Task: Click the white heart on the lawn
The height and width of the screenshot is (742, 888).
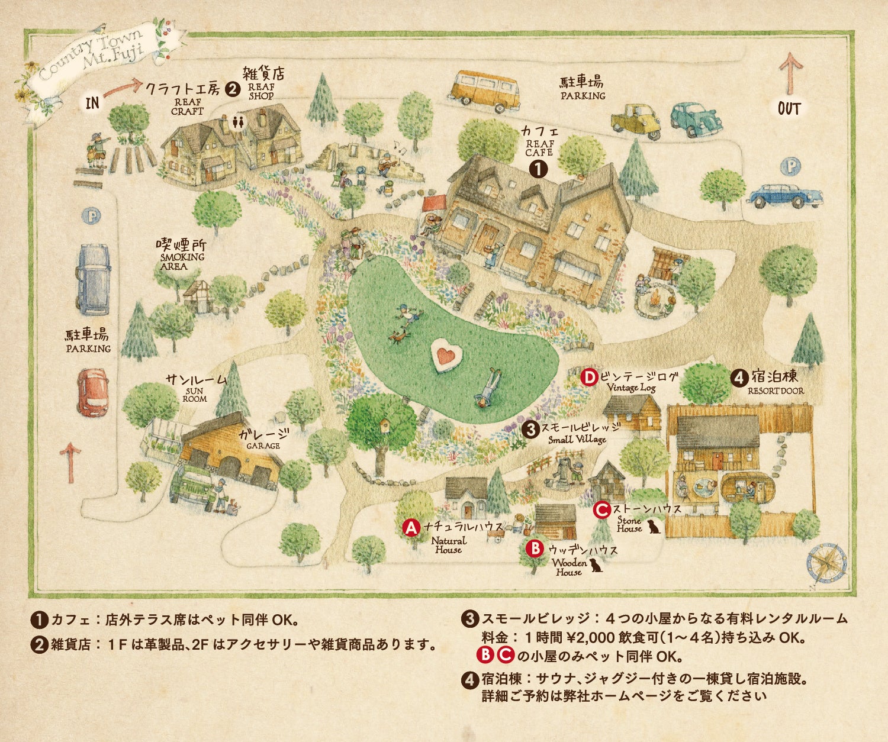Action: (446, 356)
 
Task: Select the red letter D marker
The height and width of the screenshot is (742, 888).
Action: (589, 377)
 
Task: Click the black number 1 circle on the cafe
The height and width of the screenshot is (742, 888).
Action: (538, 169)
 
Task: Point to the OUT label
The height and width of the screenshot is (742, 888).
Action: (789, 109)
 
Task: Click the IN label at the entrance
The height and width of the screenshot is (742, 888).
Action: (93, 103)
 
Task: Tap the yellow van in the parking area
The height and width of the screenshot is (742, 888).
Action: (484, 91)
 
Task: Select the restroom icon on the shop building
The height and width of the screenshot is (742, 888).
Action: (238, 121)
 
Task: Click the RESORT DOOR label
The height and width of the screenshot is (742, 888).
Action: (776, 391)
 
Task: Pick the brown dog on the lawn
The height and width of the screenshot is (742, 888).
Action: (398, 337)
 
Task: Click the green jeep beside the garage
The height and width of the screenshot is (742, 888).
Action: (193, 487)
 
